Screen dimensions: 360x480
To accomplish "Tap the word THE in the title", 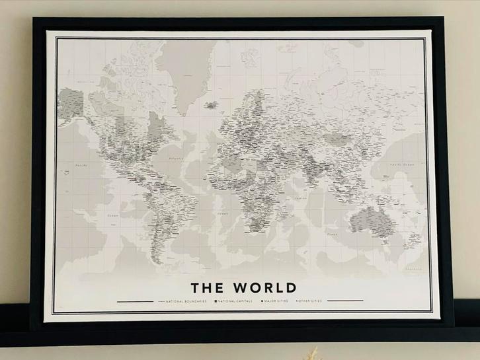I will (207, 288).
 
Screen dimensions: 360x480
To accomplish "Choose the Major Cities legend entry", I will (275, 301).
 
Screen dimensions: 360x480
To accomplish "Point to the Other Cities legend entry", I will (311, 301).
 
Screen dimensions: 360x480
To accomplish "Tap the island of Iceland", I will (212, 104).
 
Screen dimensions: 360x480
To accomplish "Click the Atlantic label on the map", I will (175, 159).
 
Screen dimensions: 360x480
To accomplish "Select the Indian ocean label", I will (301, 198).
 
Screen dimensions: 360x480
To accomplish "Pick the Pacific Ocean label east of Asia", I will (401, 164).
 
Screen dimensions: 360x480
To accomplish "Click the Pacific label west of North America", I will (81, 165).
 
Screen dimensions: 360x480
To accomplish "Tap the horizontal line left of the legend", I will (136, 301).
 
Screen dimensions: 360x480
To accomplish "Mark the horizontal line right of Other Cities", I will (345, 301).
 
